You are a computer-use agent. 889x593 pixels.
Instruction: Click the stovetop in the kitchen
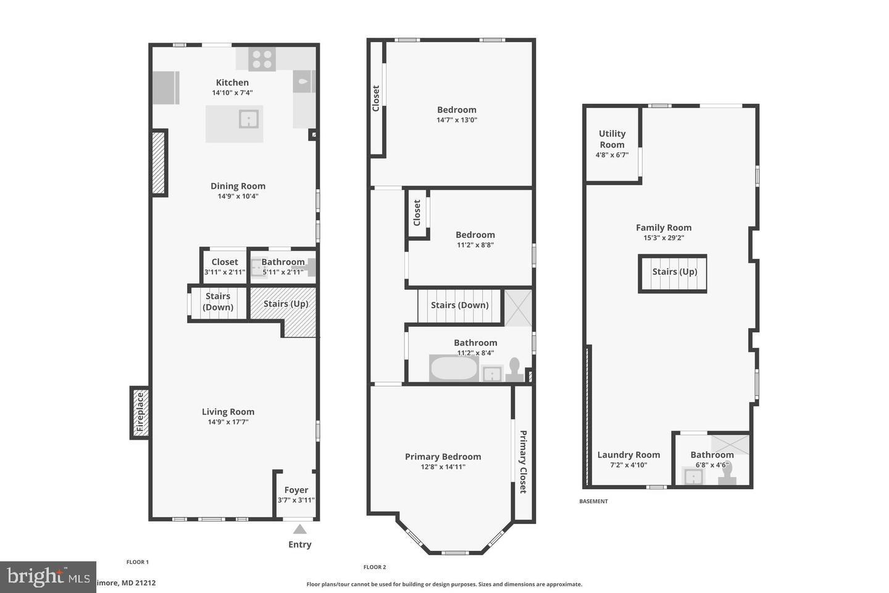(262, 59)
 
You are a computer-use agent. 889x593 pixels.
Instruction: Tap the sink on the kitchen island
(249, 119)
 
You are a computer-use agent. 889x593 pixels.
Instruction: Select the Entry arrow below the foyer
(300, 529)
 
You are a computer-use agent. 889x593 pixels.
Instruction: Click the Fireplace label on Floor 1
(140, 412)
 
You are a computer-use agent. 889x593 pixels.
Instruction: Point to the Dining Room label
(238, 186)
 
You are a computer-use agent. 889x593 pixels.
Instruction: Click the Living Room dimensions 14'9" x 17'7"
(228, 423)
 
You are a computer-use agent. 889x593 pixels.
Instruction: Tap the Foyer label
(296, 490)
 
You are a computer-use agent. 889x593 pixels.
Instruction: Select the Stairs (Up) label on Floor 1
(286, 303)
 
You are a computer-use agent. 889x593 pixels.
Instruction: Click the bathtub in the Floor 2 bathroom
(454, 369)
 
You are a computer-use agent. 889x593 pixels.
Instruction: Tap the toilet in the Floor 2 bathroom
(514, 369)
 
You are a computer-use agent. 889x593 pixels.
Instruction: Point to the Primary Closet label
(523, 461)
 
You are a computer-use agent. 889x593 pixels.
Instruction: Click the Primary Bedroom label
(443, 456)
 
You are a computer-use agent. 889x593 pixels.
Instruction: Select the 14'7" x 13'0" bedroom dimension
(457, 120)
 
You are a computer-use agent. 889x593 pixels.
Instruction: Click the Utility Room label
(612, 139)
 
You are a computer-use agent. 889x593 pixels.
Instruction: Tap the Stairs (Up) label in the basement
(675, 272)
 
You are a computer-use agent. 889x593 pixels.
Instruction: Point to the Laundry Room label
(628, 455)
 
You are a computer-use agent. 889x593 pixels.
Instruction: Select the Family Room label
(664, 227)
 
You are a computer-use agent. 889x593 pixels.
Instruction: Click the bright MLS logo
(48, 577)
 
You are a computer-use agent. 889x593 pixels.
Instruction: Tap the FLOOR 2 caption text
(375, 567)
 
